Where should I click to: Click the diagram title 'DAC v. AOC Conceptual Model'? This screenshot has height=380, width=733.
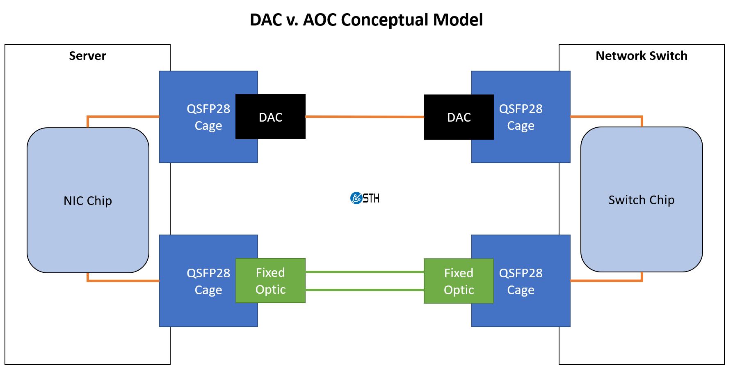[x=366, y=20]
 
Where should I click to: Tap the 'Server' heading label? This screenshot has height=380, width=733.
[x=87, y=56]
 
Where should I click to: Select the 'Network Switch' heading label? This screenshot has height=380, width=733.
[x=641, y=56]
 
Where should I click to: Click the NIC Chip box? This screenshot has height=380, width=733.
[x=88, y=200]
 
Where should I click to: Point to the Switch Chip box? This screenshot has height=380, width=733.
[x=641, y=200]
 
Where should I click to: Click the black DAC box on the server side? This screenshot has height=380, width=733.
[x=270, y=117]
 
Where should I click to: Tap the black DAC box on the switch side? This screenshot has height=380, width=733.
[x=459, y=117]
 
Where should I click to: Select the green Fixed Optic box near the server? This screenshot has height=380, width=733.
[x=270, y=281]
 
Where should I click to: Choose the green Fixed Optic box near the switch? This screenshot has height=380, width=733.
[x=459, y=281]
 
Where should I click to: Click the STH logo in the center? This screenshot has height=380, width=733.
[x=365, y=198]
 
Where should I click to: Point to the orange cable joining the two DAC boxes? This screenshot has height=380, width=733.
[x=364, y=117]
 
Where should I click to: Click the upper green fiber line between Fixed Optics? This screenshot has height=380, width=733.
[x=364, y=272]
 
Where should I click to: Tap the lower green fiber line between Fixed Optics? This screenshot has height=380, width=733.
[x=364, y=290]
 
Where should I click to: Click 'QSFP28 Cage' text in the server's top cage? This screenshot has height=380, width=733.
[x=208, y=117]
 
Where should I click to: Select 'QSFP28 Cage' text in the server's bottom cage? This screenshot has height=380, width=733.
[x=208, y=281]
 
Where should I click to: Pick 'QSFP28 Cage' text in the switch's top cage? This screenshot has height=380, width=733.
[x=521, y=117]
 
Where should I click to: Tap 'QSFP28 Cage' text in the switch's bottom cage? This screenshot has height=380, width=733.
[x=521, y=281]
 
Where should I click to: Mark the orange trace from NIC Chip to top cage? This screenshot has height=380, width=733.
[x=123, y=117]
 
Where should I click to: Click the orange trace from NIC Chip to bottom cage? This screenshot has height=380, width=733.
[x=123, y=281]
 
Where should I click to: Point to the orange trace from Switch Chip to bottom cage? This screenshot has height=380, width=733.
[x=606, y=281]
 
